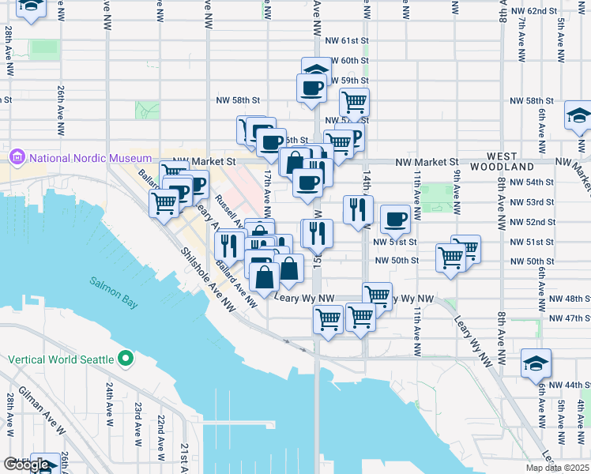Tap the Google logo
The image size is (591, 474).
tap(27, 465)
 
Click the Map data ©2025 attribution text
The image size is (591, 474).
tap(556, 468)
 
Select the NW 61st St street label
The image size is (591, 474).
tap(347, 39)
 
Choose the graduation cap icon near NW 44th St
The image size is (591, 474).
tap(536, 363)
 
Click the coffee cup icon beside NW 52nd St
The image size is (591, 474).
tap(395, 218)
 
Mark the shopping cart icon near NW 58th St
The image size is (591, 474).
tap(354, 101)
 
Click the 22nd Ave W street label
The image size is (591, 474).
tap(160, 433)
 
